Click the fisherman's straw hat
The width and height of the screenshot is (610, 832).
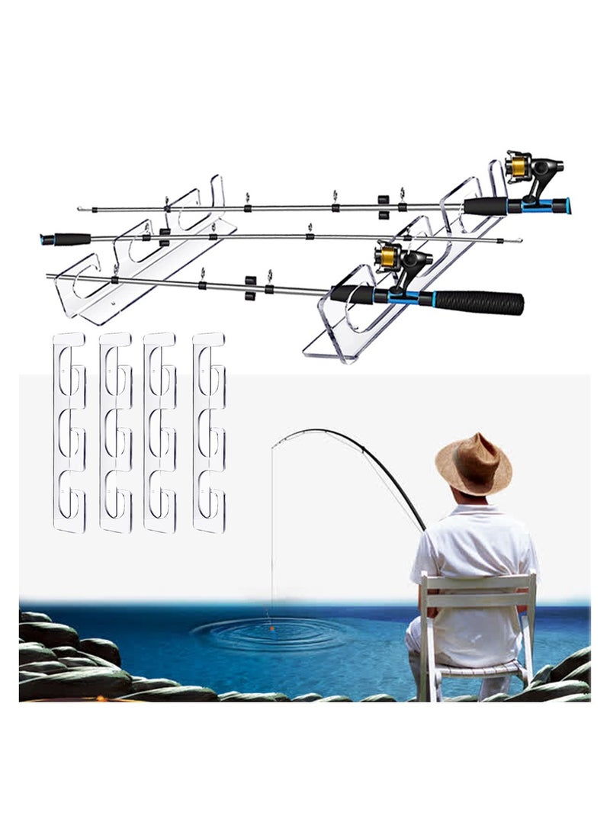click(x=473, y=464)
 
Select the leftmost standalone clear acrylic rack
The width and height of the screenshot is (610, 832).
click(x=68, y=431)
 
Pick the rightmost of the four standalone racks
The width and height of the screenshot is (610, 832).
click(x=208, y=431)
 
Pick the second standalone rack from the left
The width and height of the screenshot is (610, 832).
click(x=114, y=431)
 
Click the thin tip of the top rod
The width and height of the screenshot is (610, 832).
click(x=82, y=208)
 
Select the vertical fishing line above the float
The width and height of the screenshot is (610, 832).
click(x=272, y=534)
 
